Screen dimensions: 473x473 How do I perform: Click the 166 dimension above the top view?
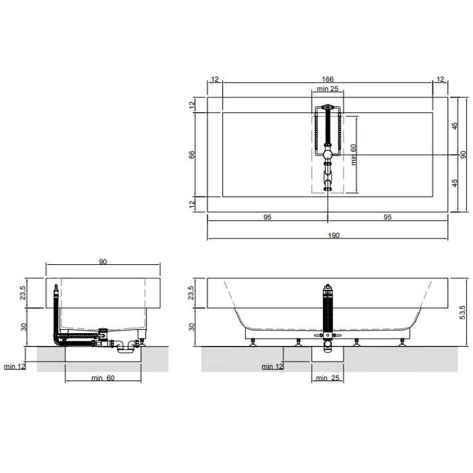pyautogui.click(x=327, y=79)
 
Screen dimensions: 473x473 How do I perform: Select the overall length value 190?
pyautogui.click(x=334, y=235)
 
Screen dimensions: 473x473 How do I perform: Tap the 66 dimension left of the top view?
pyautogui.click(x=192, y=155)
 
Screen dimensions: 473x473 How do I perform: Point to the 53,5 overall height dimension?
pyautogui.click(x=462, y=312)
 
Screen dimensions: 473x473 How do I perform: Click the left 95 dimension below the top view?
pyautogui.click(x=268, y=217)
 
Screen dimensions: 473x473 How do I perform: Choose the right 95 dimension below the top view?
pyautogui.click(x=387, y=217)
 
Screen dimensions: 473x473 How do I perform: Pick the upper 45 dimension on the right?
pyautogui.click(x=455, y=126)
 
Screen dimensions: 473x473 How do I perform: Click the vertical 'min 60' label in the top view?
pyautogui.click(x=353, y=155)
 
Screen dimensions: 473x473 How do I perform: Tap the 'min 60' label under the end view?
pyautogui.click(x=103, y=378)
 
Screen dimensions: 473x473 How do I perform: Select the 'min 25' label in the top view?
pyautogui.click(x=327, y=89)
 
